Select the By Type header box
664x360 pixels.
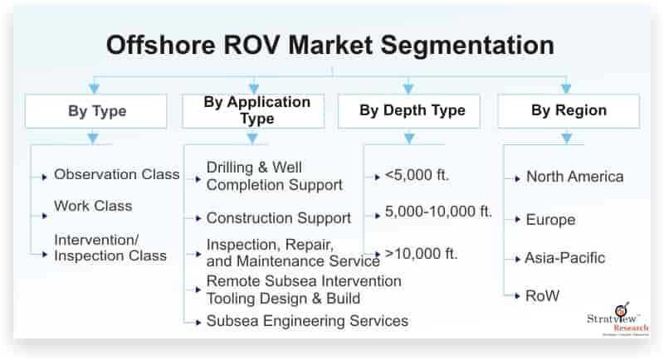(x=96, y=111)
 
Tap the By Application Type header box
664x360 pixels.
(x=253, y=111)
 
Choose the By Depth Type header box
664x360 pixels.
(x=409, y=111)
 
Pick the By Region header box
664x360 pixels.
(x=569, y=111)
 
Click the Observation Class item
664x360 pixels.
(x=116, y=174)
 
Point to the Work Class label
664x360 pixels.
(x=93, y=206)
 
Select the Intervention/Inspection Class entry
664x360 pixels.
(x=110, y=248)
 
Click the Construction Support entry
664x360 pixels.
(x=279, y=218)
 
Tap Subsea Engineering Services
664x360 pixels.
(x=307, y=321)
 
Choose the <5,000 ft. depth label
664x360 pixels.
(x=417, y=175)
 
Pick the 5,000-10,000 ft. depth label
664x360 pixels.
(x=438, y=212)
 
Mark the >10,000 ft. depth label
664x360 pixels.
(x=422, y=254)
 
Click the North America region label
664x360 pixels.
(x=574, y=177)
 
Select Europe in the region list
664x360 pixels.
(x=550, y=220)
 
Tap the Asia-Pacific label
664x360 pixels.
(x=565, y=258)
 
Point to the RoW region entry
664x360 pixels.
(x=543, y=295)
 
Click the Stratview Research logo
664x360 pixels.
(x=618, y=319)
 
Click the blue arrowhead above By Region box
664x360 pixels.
(x=566, y=89)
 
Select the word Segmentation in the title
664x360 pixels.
(x=467, y=46)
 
